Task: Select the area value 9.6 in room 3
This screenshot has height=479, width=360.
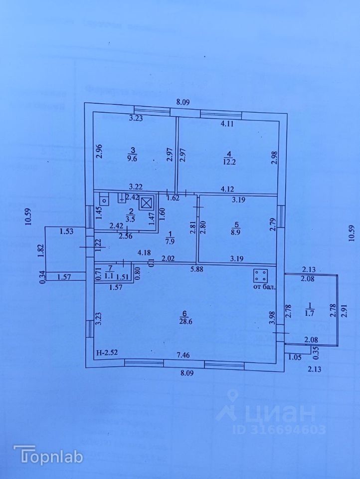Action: click(133, 159)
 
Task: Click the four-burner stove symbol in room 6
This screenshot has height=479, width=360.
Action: click(260, 276)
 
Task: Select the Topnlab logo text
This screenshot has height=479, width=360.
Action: click(48, 455)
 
